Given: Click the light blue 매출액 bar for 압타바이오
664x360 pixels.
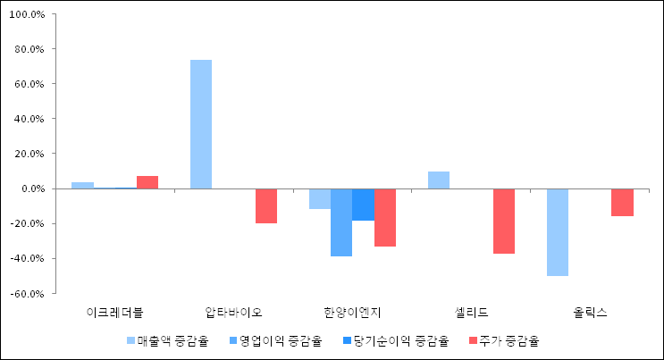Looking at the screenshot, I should [201, 124].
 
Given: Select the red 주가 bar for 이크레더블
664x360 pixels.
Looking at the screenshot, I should [147, 182].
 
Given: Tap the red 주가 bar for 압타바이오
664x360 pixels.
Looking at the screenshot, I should [266, 205].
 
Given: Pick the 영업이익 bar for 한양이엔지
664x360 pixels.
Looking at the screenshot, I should [341, 222].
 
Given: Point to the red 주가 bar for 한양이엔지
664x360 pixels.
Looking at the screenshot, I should [385, 217].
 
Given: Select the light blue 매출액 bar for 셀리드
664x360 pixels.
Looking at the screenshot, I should [439, 180].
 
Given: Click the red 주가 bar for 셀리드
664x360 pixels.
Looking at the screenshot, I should [504, 221].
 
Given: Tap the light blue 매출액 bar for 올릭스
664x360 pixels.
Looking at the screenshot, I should [558, 232].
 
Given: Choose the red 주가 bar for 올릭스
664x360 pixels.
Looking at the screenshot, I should [623, 202].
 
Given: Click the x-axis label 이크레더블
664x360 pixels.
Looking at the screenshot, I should [114, 313].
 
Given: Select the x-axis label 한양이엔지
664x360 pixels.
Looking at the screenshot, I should [352, 313].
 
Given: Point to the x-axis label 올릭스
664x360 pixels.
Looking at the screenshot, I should [590, 313].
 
